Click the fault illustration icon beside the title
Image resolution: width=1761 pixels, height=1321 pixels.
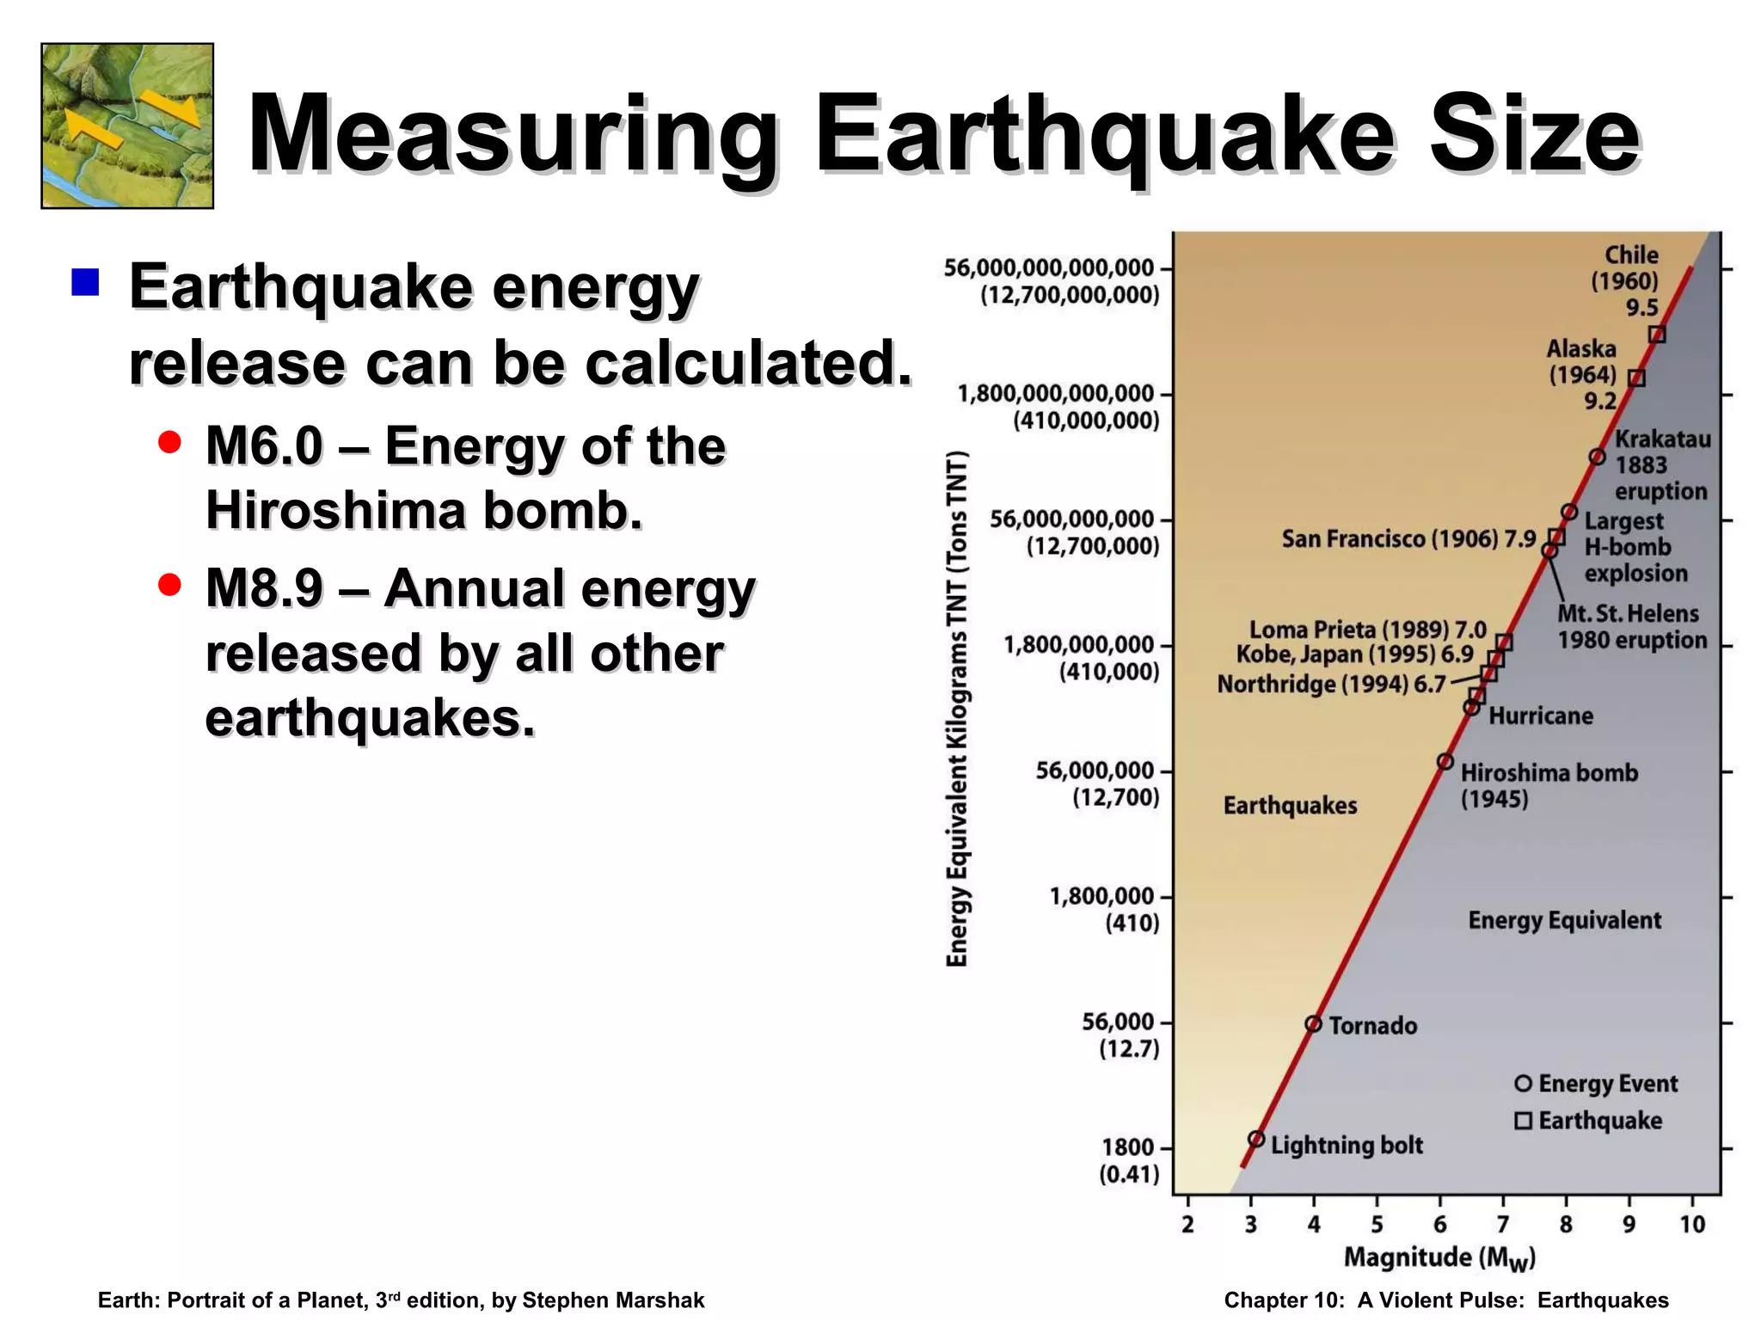pyautogui.click(x=127, y=126)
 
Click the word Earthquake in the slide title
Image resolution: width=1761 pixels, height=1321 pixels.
pyautogui.click(x=1104, y=136)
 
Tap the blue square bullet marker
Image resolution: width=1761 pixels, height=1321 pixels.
pyautogui.click(x=85, y=282)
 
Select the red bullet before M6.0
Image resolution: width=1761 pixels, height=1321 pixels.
pyautogui.click(x=170, y=442)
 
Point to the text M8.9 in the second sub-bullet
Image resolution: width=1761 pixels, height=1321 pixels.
pyautogui.click(x=264, y=589)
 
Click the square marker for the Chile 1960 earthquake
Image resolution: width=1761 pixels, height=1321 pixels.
pyautogui.click(x=1657, y=335)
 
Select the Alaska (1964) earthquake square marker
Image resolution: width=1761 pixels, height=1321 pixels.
pyautogui.click(x=1637, y=378)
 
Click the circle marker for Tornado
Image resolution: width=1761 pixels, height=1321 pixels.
pyautogui.click(x=1313, y=1023)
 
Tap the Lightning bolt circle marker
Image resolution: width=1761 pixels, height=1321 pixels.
pyautogui.click(x=1256, y=1139)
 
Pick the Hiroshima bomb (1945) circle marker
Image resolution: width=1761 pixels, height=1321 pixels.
pyautogui.click(x=1445, y=762)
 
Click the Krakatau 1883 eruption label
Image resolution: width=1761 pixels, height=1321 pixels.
pyautogui.click(x=1661, y=465)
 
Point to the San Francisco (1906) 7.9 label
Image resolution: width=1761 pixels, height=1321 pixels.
pyautogui.click(x=1408, y=539)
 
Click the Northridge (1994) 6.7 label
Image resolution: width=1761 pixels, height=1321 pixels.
pyautogui.click(x=1331, y=685)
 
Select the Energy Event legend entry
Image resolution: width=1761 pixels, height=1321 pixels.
pyautogui.click(x=1596, y=1084)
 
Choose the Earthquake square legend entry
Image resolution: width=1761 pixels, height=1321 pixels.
pyautogui.click(x=1588, y=1121)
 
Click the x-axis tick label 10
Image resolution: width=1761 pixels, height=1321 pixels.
pyautogui.click(x=1691, y=1224)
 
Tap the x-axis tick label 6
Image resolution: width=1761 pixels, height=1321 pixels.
pyautogui.click(x=1440, y=1224)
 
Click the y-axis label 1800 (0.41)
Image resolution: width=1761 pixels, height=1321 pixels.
pyautogui.click(x=1128, y=1160)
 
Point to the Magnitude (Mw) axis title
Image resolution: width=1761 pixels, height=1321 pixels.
pyautogui.click(x=1439, y=1258)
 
